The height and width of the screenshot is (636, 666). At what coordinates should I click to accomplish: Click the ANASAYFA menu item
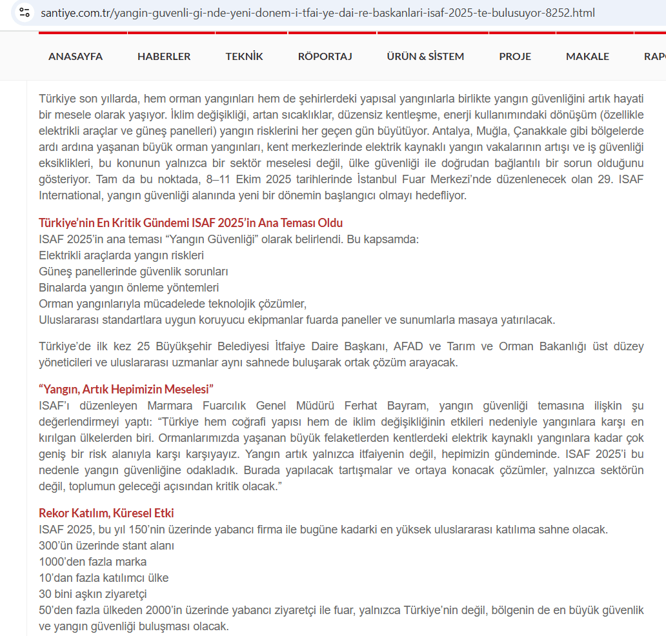coord(76,56)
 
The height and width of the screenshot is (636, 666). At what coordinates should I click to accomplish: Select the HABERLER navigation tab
coord(164,56)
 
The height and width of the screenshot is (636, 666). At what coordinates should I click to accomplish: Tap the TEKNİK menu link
coord(244,56)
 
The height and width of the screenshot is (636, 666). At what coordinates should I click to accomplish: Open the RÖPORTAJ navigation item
coord(325,56)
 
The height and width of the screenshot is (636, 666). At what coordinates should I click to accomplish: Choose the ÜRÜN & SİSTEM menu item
coord(425,56)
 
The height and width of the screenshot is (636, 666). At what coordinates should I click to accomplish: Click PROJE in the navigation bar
coord(515,56)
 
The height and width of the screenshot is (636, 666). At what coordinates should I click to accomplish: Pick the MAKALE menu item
coord(587,56)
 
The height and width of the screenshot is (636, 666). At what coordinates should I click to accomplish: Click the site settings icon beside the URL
coord(25,12)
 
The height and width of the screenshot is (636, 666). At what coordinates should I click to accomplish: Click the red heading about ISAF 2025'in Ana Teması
coord(190,223)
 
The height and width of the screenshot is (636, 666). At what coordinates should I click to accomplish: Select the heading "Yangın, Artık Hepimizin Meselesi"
coord(126,389)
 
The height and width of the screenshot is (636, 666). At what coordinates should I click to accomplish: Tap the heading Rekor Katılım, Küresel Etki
coord(106,513)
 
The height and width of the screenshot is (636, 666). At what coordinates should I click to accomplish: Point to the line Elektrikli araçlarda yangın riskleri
coord(121,255)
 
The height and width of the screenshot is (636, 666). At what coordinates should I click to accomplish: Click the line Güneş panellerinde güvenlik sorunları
coord(133,272)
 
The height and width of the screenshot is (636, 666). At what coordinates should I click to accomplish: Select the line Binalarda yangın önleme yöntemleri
coord(128,288)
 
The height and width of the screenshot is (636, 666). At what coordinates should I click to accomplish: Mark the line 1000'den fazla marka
coord(92,562)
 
